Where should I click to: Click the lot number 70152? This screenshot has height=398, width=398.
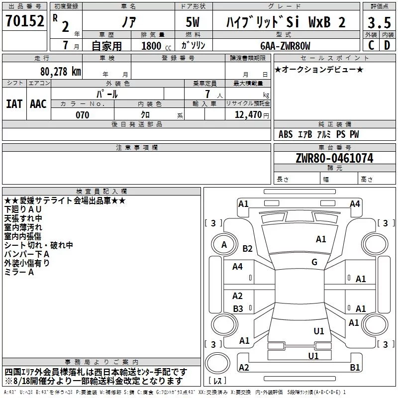click(24, 21)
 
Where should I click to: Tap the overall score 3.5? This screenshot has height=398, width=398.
click(379, 23)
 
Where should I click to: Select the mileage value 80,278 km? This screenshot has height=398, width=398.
click(61, 72)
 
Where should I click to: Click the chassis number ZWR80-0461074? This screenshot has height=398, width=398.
click(334, 158)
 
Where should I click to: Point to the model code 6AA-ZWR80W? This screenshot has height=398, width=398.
click(285, 46)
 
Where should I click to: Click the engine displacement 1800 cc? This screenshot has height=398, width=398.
click(156, 46)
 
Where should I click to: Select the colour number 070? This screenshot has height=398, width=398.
click(83, 115)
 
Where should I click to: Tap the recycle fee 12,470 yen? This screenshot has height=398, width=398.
click(252, 115)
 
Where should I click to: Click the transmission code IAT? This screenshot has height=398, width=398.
click(14, 104)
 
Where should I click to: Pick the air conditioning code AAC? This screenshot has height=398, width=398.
click(38, 104)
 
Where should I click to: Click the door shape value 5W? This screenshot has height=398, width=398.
click(193, 22)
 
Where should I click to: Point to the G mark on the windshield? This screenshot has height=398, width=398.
click(314, 262)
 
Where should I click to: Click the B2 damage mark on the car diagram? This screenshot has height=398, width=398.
click(247, 248)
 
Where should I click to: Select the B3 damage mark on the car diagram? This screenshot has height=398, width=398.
click(238, 308)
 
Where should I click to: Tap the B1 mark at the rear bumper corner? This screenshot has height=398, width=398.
click(355, 367)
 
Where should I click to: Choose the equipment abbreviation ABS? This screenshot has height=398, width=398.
click(286, 134)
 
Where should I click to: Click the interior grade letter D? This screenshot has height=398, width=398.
click(387, 45)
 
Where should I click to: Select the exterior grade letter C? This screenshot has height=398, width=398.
click(371, 45)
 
